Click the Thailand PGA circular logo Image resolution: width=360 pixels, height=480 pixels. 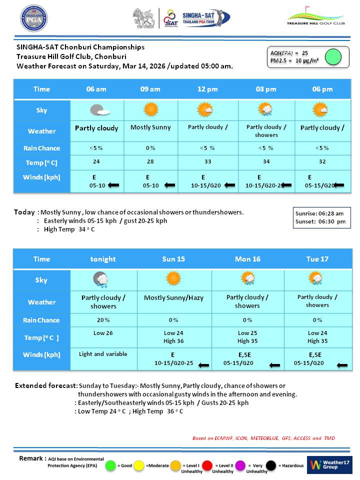pyautogui.click(x=34, y=18)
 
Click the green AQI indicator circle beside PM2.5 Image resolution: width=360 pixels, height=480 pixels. pyautogui.click(x=333, y=57)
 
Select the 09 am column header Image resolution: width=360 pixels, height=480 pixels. pyautogui.click(x=150, y=89)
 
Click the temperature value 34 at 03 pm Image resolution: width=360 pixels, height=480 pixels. pyautogui.click(x=266, y=162)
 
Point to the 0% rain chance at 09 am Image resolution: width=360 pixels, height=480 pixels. pyautogui.click(x=150, y=148)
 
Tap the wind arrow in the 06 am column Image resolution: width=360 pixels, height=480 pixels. pyautogui.click(x=114, y=185)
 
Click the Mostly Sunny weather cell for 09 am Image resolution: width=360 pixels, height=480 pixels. pyautogui.click(x=150, y=127)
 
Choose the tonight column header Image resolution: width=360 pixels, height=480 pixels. pyautogui.click(x=103, y=259)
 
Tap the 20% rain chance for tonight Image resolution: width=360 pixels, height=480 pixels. pyautogui.click(x=103, y=320)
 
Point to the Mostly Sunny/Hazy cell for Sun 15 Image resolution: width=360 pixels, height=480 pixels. pyautogui.click(x=173, y=298)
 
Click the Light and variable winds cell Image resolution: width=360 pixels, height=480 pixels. pyautogui.click(x=103, y=354)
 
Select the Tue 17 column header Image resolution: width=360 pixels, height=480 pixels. pyautogui.click(x=317, y=259)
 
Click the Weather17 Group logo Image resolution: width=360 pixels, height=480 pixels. pyautogui.click(x=329, y=465)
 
